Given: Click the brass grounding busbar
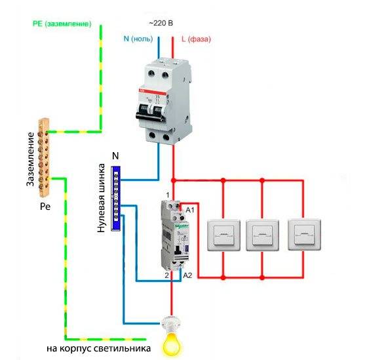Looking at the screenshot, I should click(x=43, y=157).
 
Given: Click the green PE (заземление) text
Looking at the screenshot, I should click(x=62, y=23).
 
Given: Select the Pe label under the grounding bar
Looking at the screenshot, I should click(x=45, y=206).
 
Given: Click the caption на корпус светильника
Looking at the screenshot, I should click(x=98, y=347).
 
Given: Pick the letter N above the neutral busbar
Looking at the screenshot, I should click(x=116, y=155).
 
